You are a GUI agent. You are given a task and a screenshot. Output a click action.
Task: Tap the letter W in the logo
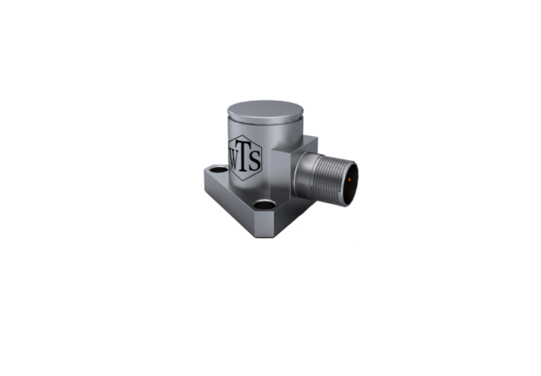click(x=234, y=160)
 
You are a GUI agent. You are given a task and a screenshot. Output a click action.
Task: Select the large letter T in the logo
click(x=243, y=156)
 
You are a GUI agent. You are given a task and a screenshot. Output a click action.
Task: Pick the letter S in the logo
click(x=254, y=161)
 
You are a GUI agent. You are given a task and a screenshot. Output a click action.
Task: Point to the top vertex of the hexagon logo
click(x=244, y=135)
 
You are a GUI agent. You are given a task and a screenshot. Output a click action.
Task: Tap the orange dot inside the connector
click(x=350, y=179)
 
